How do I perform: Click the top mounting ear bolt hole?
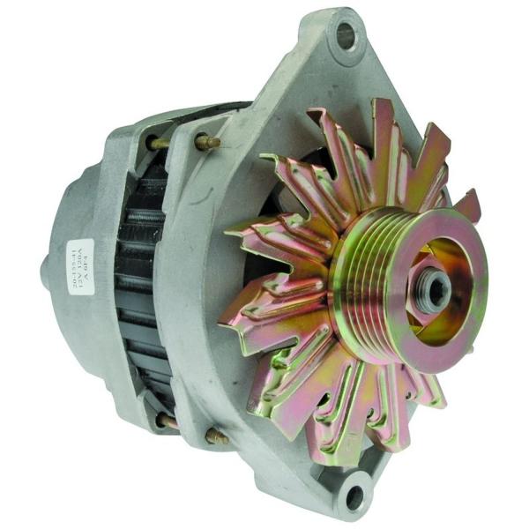(x=345, y=36)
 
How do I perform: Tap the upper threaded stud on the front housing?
(x=208, y=140)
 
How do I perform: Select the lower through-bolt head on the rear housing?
(x=165, y=420)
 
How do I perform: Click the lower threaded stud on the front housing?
(x=215, y=436)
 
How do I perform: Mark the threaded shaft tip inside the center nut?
(x=435, y=288)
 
